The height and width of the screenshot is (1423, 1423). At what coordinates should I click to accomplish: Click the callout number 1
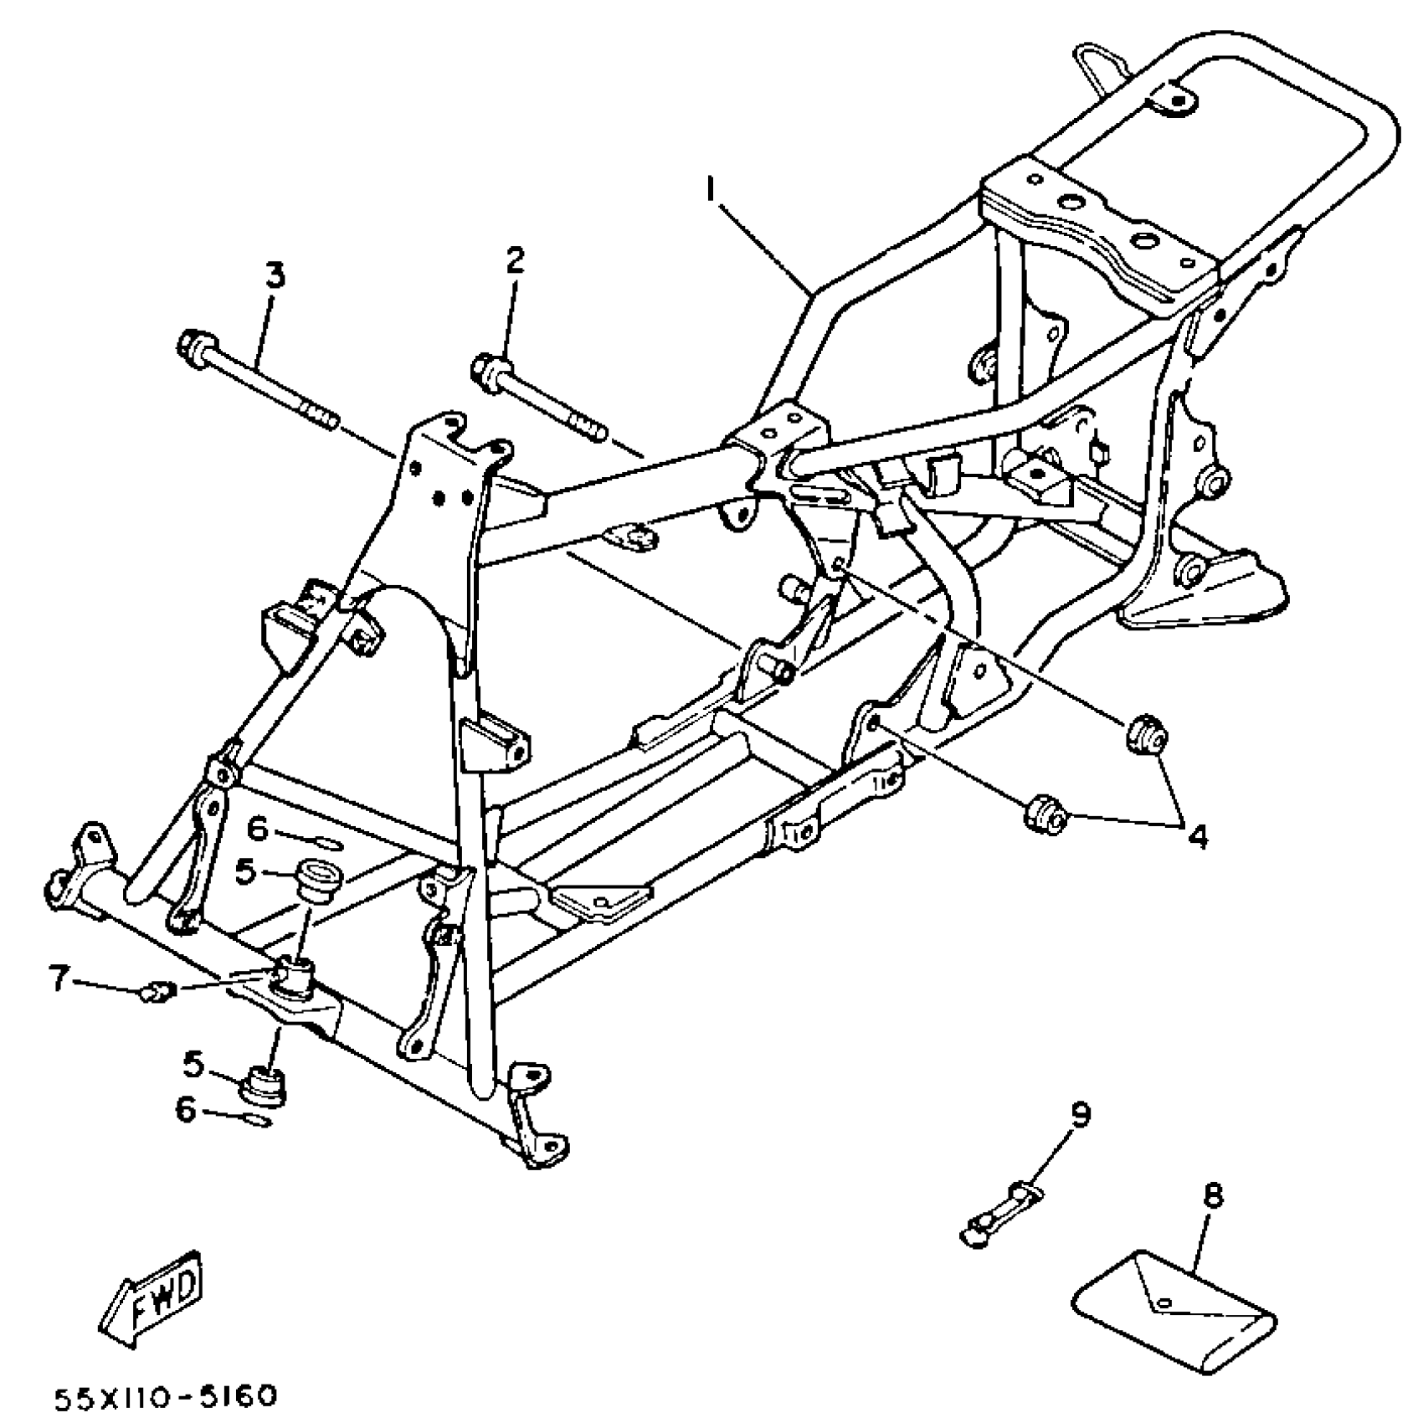point(711,192)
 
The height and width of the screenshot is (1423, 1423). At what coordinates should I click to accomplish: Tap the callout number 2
point(515,260)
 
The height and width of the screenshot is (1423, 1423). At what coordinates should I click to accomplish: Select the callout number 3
point(275,274)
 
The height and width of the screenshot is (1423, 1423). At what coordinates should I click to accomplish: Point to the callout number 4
point(1199,836)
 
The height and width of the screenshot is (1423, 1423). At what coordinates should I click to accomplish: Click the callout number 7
point(58,977)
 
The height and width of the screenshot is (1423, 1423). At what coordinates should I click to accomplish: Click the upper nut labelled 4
point(1144,735)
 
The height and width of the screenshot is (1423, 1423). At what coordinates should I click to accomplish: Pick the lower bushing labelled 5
point(265,1086)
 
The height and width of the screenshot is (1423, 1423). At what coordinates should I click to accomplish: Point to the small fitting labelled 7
point(156,993)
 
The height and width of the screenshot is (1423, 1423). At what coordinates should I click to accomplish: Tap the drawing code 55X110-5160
point(165,1397)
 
